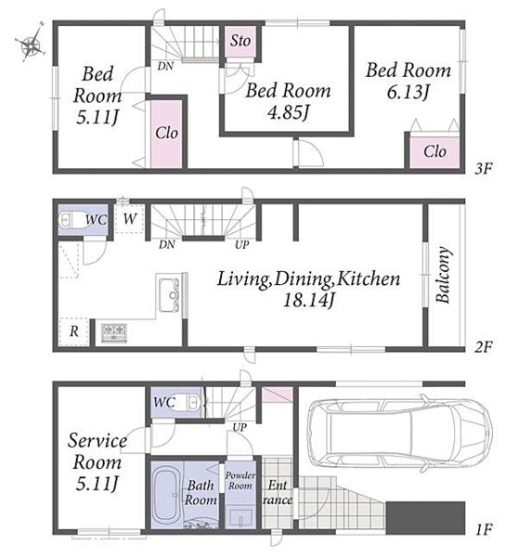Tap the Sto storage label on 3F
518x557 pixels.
(x=240, y=41)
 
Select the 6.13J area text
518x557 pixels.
(x=408, y=92)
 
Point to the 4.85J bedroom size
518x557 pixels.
(x=288, y=112)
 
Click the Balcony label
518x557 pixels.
(x=444, y=275)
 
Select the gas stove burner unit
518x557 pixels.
(x=114, y=333)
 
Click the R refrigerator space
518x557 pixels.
(x=74, y=331)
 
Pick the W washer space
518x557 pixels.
(x=130, y=219)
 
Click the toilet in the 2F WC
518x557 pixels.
(x=71, y=220)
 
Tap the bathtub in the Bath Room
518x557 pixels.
(x=166, y=495)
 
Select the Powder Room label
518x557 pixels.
(x=240, y=480)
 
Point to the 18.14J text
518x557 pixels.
(x=308, y=301)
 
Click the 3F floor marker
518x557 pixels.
(x=483, y=169)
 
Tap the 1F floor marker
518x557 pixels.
(x=483, y=530)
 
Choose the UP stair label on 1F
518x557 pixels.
(x=240, y=427)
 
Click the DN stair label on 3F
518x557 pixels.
(x=165, y=66)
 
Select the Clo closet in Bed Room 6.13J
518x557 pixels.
(x=434, y=151)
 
